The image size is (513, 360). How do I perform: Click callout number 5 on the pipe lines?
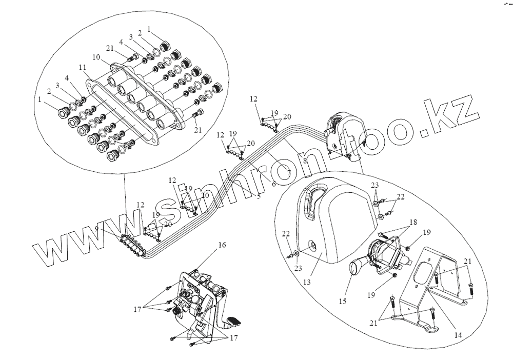coord(258,196)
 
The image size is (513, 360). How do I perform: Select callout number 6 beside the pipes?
coord(273,183)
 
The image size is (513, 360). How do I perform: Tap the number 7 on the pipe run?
coord(289,173)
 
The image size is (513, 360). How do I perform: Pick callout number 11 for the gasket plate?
coord(83,67)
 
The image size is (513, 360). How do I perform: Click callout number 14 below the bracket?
coord(458,334)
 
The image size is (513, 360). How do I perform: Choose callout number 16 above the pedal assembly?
coord(222,246)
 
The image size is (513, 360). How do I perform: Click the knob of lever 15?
coord(356,267)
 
